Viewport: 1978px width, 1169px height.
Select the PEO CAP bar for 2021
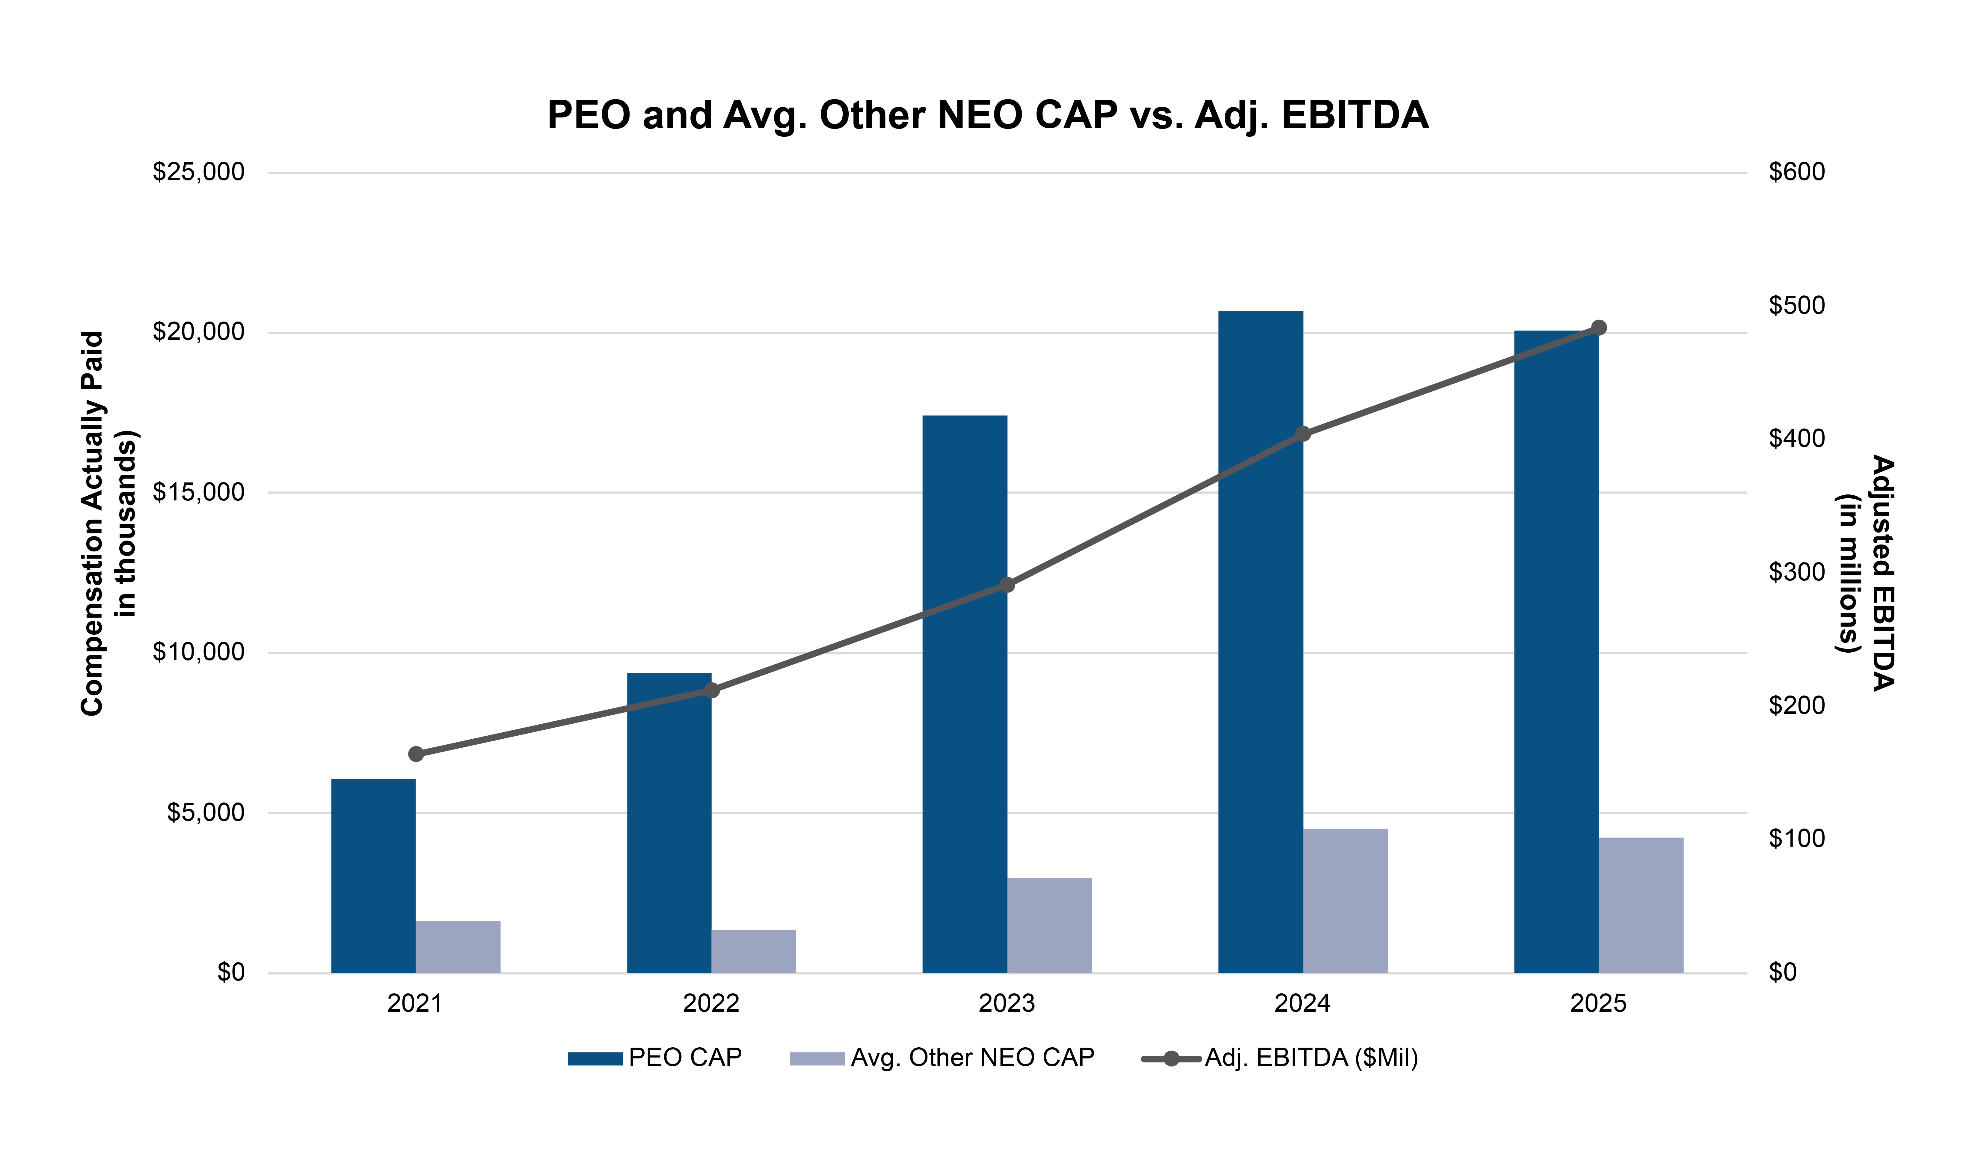pyautogui.click(x=373, y=876)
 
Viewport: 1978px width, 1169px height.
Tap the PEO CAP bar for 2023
pyautogui.click(x=965, y=694)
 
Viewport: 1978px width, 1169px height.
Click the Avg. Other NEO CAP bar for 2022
pyautogui.click(x=754, y=951)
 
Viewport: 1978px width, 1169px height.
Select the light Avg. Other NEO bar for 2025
pyautogui.click(x=1641, y=905)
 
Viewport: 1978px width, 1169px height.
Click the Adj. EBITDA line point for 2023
pyautogui.click(x=1007, y=584)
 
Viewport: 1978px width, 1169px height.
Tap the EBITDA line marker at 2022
pyautogui.click(x=712, y=690)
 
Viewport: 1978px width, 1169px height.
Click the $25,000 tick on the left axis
pyautogui.click(x=198, y=172)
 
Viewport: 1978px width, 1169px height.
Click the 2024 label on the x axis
pyautogui.click(x=1303, y=1004)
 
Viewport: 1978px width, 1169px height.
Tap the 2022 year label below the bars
pyautogui.click(x=711, y=1004)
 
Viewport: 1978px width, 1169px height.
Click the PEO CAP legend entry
pyautogui.click(x=655, y=1058)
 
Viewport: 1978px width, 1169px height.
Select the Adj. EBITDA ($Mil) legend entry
pyautogui.click(x=1280, y=1058)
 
